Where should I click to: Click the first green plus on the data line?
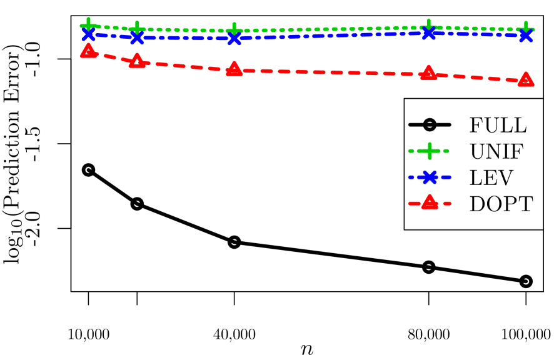(x=88, y=26)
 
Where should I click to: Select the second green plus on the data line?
(x=137, y=29)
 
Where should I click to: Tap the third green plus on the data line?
(x=234, y=31)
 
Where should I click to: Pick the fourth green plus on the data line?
(x=428, y=27)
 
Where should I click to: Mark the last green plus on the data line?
(x=525, y=29)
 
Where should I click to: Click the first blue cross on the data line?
(x=88, y=34)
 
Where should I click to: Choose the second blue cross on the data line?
(x=137, y=37)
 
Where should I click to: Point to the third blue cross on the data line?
(x=234, y=39)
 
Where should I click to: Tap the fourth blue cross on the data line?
(x=428, y=33)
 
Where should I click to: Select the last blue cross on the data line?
(x=525, y=36)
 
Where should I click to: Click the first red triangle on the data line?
(x=88, y=51)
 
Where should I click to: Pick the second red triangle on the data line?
(x=137, y=61)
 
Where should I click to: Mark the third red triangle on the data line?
(x=234, y=69)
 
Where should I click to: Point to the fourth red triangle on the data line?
(x=428, y=74)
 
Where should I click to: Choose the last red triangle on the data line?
(x=525, y=80)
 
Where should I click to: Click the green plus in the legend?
(x=429, y=151)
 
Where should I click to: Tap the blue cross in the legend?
(x=429, y=177)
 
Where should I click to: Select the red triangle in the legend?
(x=429, y=202)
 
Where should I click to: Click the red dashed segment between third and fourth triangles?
(x=331, y=72)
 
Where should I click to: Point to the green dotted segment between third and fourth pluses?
(x=331, y=29)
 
